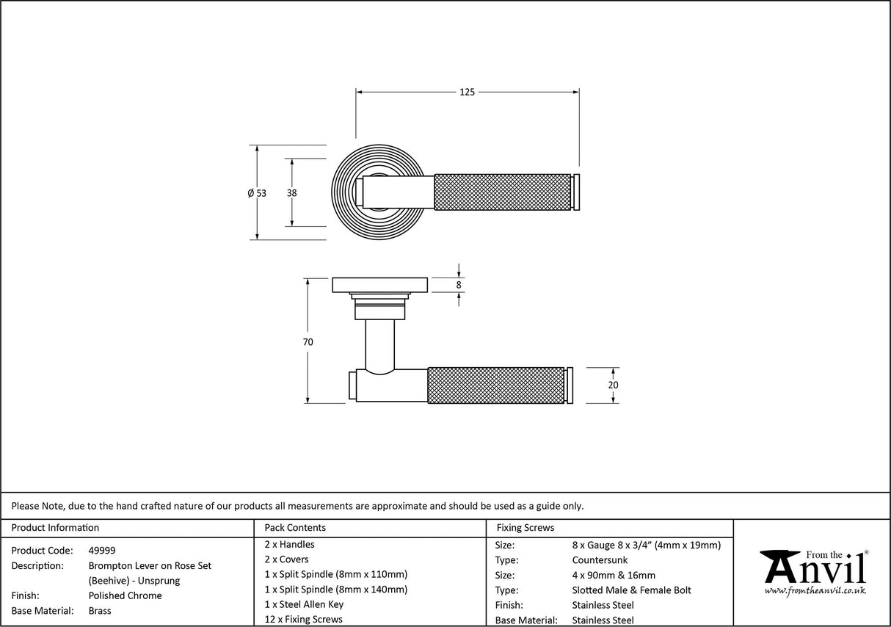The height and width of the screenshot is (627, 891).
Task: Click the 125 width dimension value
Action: point(468,92)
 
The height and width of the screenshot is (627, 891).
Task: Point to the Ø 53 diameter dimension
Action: point(257,193)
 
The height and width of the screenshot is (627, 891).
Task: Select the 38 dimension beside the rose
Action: point(292,193)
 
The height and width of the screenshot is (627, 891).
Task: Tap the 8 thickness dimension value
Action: point(459,285)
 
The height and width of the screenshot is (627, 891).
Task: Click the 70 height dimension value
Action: point(308,341)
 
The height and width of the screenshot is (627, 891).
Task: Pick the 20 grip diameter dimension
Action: point(614,385)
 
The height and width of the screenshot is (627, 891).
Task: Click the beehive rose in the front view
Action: point(345,192)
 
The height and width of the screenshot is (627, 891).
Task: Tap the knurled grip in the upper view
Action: point(503,192)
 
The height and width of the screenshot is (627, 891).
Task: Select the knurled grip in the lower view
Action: point(495,385)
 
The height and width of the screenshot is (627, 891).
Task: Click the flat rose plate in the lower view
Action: point(380,284)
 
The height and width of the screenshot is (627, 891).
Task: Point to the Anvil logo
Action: point(814,570)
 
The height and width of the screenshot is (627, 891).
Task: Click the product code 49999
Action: point(102,551)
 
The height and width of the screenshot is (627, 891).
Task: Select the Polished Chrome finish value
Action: point(126,595)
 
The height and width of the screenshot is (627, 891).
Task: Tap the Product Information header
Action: point(56,528)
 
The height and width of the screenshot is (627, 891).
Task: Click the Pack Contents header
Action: point(295,528)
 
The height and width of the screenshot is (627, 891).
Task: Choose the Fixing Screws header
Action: point(525,528)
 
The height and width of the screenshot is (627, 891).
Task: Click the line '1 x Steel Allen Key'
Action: point(304,604)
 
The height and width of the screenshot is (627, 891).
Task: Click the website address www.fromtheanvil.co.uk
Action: point(815,590)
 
